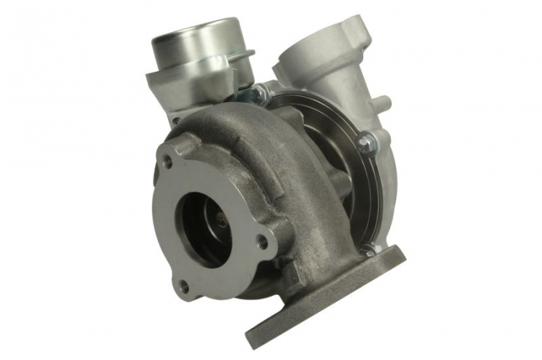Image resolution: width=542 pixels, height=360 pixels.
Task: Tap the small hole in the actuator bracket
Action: point(177,120)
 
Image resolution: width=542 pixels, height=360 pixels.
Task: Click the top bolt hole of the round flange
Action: point(167,161)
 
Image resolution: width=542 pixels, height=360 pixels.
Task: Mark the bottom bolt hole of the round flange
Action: point(184,286)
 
